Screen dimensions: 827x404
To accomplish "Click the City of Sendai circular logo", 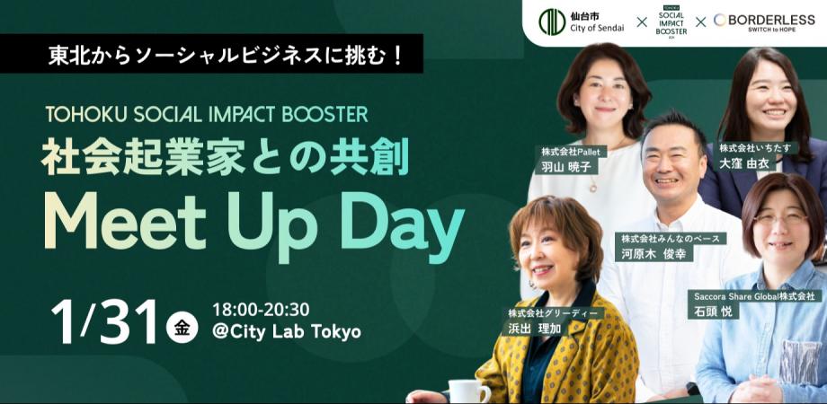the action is pos(552,22).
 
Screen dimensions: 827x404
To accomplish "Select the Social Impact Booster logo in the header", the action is pos(672,22).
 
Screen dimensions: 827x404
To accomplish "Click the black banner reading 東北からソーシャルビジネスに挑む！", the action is pos(211,54).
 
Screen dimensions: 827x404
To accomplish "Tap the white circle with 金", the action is pos(182,327).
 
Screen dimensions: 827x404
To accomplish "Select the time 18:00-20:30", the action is pos(261,309).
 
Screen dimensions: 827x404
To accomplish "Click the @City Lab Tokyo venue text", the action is pos(287,332).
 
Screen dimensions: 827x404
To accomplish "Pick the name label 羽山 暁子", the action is pos(562,167).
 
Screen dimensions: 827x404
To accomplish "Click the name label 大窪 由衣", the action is pos(747,162).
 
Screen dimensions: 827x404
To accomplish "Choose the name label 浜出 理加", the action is pos(529,329).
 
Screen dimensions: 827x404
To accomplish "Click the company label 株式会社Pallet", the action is pos(571,152).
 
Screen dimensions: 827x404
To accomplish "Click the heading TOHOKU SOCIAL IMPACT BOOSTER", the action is pos(206,115).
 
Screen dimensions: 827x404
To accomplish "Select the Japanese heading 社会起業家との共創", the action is pos(226,157).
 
